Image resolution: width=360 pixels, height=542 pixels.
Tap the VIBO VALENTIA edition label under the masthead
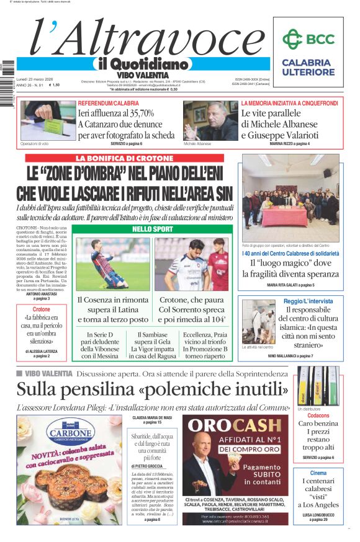click(x=143, y=75)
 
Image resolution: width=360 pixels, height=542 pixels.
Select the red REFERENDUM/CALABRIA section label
click(x=109, y=103)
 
